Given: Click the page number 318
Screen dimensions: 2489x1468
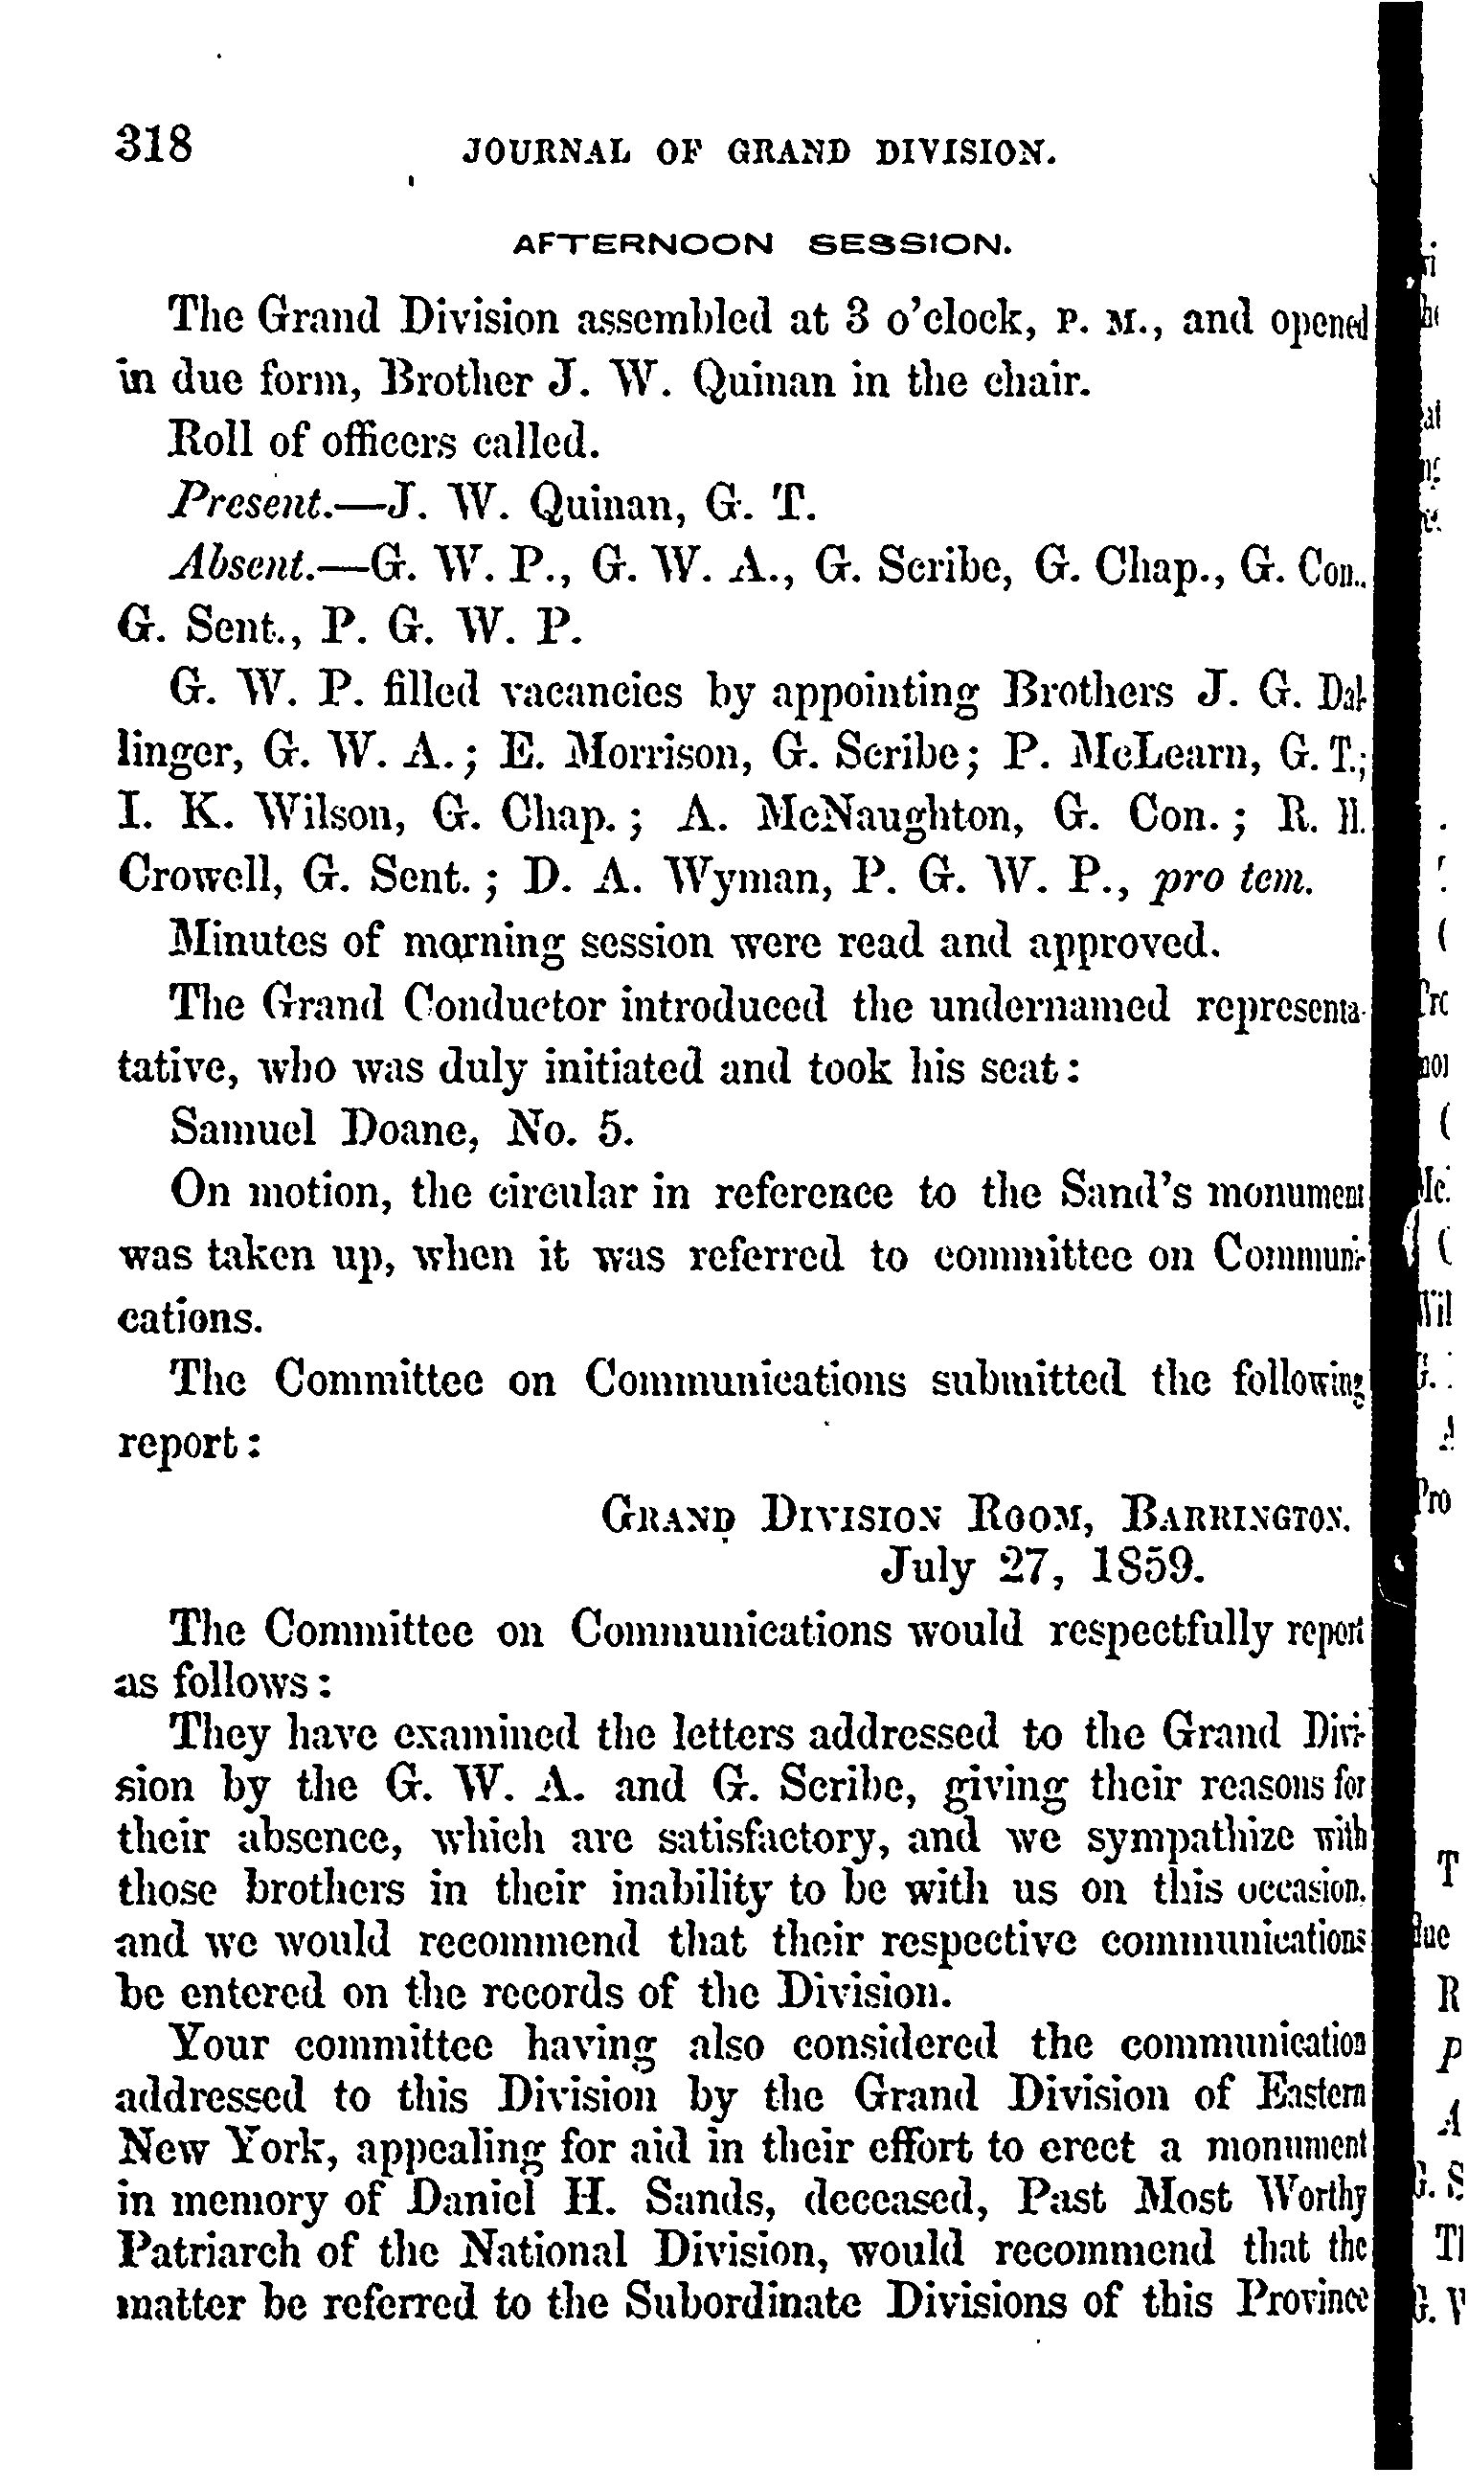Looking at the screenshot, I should coord(153,146).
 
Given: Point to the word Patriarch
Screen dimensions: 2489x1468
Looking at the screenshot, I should coord(205,2249).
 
